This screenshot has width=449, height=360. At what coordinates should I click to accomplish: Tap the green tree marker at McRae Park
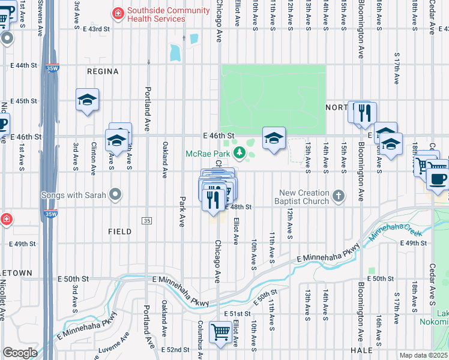(240, 154)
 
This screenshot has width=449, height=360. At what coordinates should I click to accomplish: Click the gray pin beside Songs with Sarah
(116, 195)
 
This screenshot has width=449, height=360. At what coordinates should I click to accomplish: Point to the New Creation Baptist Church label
(304, 197)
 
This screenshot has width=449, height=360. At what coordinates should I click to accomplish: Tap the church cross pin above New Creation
(339, 195)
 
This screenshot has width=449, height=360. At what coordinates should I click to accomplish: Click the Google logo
(20, 353)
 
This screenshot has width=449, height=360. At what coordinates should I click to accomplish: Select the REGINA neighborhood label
(103, 71)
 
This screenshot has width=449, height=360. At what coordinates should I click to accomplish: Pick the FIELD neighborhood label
(119, 231)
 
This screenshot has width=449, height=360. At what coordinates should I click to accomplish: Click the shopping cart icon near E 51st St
(220, 332)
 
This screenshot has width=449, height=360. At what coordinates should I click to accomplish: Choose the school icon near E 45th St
(88, 100)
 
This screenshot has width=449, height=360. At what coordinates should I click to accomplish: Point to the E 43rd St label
(97, 29)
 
